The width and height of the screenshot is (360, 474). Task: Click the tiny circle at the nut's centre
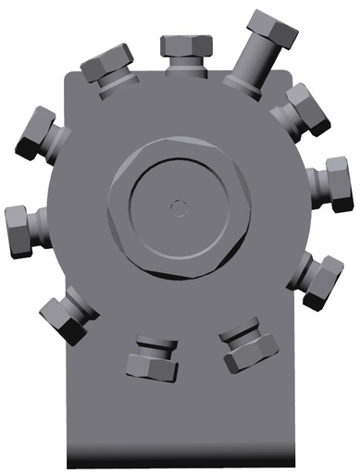coord(179,206)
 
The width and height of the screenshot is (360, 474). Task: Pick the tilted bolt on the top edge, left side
coord(108,69)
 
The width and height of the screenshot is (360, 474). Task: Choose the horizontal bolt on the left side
coord(23,231)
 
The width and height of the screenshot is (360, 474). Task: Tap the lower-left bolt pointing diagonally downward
coord(68,316)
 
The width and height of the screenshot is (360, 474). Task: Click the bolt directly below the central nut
coord(152,355)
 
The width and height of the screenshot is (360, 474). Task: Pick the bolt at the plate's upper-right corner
coord(302,109)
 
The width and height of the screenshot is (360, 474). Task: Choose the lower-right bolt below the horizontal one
coord(317,277)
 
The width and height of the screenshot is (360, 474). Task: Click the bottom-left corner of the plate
coord(68,465)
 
